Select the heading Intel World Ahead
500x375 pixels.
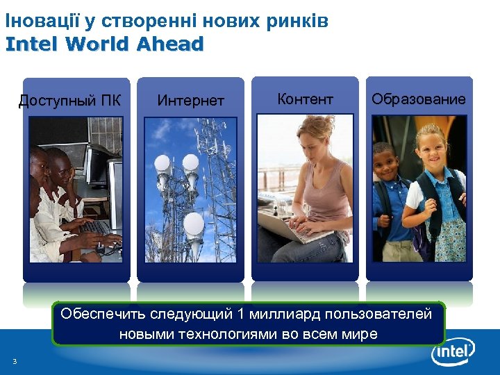[x=104, y=44]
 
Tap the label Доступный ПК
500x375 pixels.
[x=69, y=101]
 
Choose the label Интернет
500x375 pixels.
[x=190, y=101]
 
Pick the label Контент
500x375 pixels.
[x=305, y=99]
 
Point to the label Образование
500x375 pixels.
[x=419, y=99]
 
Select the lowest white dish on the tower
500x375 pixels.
[x=194, y=224]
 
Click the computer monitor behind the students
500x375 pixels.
[x=97, y=162]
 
